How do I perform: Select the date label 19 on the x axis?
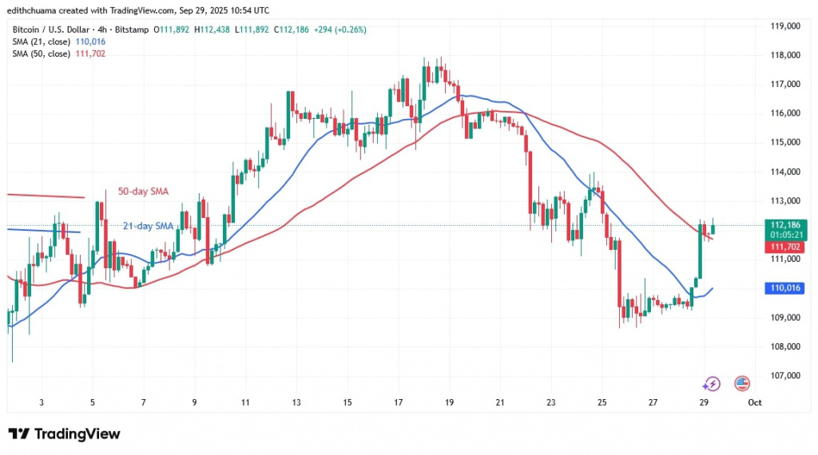[449, 402]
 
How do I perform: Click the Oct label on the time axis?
[755, 402]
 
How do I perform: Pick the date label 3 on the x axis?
[41, 402]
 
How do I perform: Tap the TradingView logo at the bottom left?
[64, 433]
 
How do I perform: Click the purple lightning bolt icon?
[711, 384]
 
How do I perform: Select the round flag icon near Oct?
[741, 384]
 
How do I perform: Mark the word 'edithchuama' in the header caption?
[34, 10]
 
